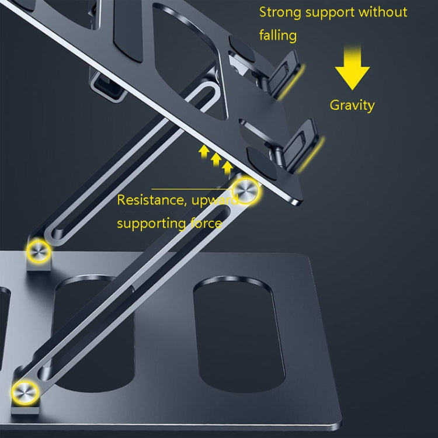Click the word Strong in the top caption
pos(279,12)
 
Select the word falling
pos(278,36)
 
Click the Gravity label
pos(352,105)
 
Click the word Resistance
pos(148,200)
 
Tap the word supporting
pos(149,224)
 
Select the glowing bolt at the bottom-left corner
pos(26,390)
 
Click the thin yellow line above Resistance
pos(193,189)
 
